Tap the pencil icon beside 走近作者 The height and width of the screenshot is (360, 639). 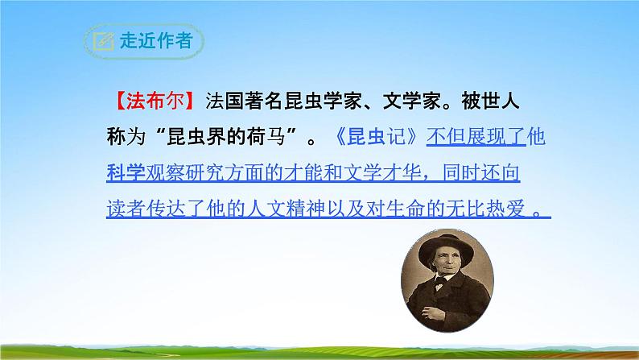pos(103,41)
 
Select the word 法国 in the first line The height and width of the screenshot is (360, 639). pos(225,103)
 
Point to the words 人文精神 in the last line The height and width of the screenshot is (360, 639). pos(301,207)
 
